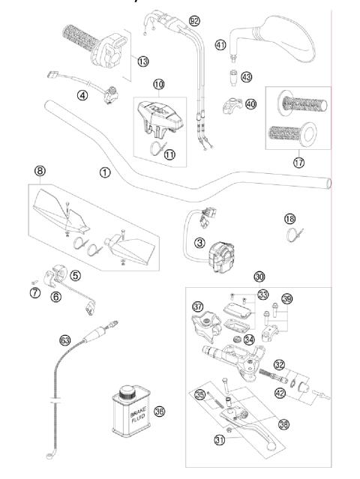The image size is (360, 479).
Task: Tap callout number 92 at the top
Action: (x=194, y=20)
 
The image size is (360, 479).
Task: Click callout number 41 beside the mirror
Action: (x=220, y=46)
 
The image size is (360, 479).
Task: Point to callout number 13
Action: (x=142, y=61)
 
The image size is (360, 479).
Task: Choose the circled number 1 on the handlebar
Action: (x=104, y=172)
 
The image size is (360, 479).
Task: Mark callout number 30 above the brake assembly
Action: (x=259, y=276)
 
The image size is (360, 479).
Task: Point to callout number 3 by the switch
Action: (x=199, y=243)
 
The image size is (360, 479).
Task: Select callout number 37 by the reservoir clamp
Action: (x=198, y=307)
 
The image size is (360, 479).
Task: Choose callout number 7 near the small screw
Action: (x=34, y=292)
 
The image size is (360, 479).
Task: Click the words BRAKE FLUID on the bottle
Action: (x=125, y=417)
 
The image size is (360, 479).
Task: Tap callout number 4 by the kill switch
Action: (x=82, y=94)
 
